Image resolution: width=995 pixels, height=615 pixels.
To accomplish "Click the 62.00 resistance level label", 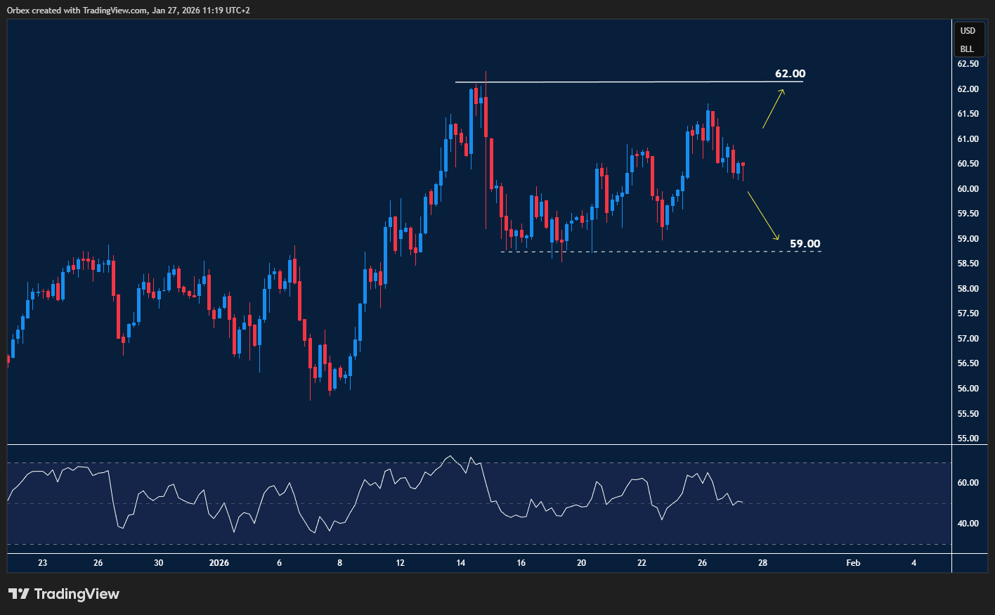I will pos(790,74).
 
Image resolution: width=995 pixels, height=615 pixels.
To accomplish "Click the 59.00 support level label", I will pos(805,244).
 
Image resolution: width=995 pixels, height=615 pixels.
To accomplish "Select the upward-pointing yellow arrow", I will pos(774,108).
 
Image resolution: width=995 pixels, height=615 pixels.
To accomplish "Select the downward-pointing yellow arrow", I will pos(763,216).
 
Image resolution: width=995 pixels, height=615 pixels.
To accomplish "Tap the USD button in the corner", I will pos(968,31).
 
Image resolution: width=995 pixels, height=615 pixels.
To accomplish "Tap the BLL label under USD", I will pos(968,49).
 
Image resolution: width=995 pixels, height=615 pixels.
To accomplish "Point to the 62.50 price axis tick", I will pos(968,64).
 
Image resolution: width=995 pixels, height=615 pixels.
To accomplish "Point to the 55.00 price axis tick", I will pos(968,439).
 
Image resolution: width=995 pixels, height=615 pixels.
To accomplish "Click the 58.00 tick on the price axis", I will pos(968,289).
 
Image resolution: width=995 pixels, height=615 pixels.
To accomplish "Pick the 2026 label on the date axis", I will pos(219,563).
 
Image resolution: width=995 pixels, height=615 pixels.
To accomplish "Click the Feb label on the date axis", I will pos(853,563).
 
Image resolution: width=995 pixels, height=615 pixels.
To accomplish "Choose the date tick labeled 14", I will pos(461,563).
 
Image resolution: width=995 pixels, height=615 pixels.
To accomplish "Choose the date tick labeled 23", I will pos(43,563).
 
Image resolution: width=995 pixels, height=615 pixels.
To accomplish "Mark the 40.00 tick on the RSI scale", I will pos(968,524).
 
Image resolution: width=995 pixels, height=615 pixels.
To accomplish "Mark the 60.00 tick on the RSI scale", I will pos(968,483).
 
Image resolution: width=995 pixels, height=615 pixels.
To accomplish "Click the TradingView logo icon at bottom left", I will pos(19,594).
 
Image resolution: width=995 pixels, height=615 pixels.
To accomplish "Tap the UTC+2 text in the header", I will pos(235,11).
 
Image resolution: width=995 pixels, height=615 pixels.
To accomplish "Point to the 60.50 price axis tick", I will pos(968,164).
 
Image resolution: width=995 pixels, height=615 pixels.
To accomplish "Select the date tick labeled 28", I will pos(762,563).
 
